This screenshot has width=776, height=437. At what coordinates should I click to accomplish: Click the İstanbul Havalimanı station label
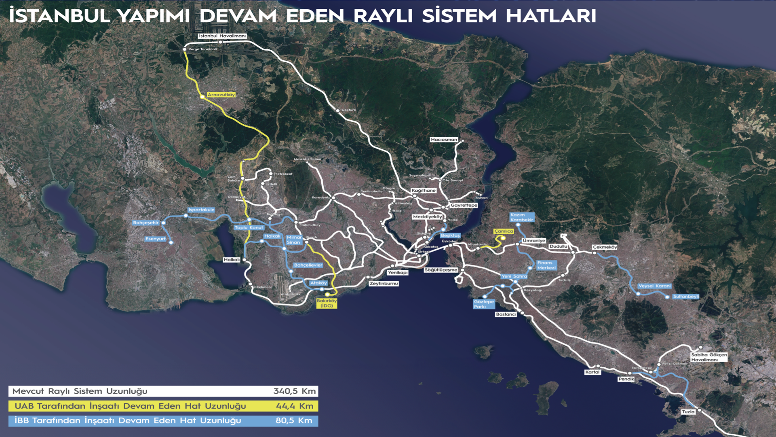point(222,36)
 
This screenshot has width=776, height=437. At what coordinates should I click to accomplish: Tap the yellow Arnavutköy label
point(221,95)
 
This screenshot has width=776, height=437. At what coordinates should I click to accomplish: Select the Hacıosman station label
point(444,140)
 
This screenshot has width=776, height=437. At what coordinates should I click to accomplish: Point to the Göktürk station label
point(348,110)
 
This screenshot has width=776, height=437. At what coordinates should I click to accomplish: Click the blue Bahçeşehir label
point(145,223)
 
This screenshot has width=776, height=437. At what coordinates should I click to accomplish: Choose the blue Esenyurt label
point(155,239)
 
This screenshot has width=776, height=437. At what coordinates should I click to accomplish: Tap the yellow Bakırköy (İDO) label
point(327,303)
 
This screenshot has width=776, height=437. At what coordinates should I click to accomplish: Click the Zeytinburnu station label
point(384,284)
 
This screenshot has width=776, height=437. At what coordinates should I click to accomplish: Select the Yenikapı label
point(398,273)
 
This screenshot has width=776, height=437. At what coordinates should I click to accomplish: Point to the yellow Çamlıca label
point(504,231)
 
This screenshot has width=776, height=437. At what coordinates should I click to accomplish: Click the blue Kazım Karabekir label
point(521,218)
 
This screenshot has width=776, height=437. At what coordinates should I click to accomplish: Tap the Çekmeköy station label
point(605,247)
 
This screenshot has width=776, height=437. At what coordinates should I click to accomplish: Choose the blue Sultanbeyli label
point(685,297)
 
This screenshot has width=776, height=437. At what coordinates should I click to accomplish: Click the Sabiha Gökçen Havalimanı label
point(709,357)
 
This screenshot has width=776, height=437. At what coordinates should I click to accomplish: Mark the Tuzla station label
point(688,412)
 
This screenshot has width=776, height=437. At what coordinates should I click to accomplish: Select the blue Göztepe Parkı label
point(484,304)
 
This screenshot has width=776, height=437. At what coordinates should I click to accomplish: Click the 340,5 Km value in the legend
point(294,391)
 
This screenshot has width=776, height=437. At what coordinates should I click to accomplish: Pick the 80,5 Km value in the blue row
point(294,421)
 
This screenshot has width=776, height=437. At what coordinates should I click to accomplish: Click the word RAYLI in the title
point(383,16)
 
